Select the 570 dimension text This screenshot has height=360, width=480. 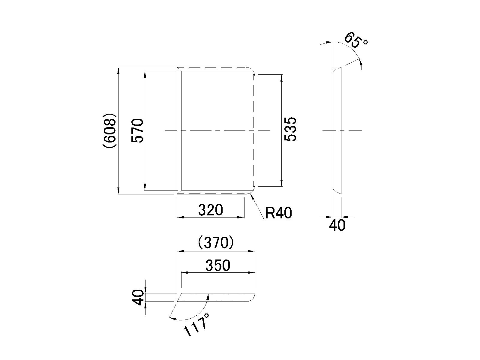click(x=137, y=131)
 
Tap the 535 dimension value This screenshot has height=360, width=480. click(x=290, y=129)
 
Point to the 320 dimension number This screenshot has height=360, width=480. click(x=210, y=210)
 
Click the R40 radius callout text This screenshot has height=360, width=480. click(x=278, y=213)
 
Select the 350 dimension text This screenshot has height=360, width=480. click(x=218, y=265)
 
